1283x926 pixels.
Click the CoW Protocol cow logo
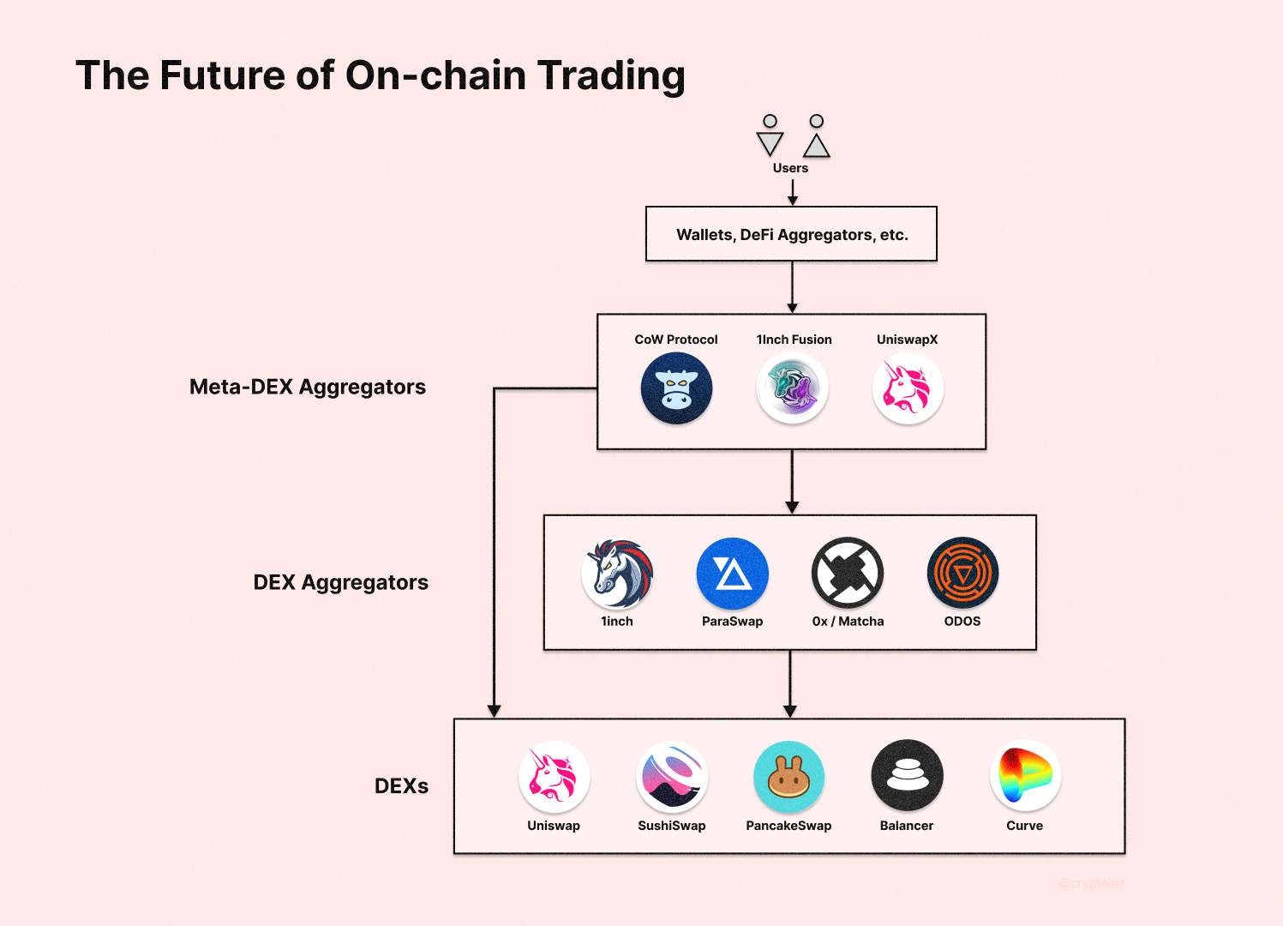click(x=676, y=388)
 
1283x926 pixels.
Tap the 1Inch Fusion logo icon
click(x=793, y=388)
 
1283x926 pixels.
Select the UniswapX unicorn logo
click(x=908, y=388)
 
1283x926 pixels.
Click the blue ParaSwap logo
click(x=733, y=574)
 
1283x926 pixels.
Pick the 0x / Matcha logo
click(x=848, y=573)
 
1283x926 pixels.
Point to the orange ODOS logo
click(x=962, y=573)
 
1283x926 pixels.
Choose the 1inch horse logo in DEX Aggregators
click(x=617, y=574)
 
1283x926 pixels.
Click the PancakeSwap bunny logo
click(x=788, y=777)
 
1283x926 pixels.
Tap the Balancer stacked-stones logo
click(x=907, y=776)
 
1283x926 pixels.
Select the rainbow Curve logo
click(x=1025, y=776)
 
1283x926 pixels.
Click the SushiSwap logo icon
click(x=672, y=777)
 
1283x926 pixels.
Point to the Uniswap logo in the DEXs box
click(x=554, y=777)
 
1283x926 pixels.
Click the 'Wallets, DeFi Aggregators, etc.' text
click(x=792, y=235)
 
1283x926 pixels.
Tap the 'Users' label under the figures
click(x=790, y=168)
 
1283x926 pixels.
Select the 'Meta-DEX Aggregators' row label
click(x=308, y=387)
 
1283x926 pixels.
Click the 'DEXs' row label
click(x=401, y=786)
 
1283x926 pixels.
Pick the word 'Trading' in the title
click(x=611, y=75)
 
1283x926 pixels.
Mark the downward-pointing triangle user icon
click(x=770, y=143)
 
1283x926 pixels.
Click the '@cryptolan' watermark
click(x=1091, y=883)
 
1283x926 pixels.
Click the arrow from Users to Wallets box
click(x=793, y=192)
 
